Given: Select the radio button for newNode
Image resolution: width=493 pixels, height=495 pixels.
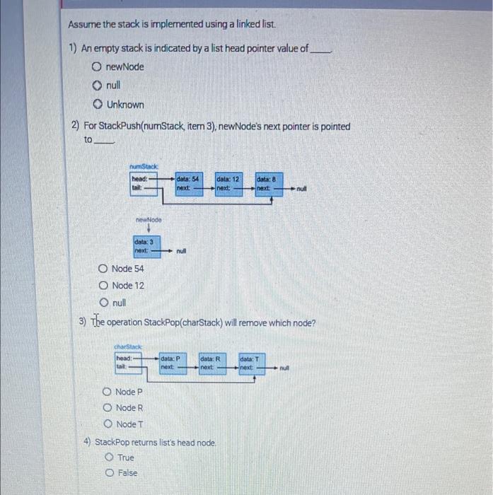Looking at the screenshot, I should click(95, 66).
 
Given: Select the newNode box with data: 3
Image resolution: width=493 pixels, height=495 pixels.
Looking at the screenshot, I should click(146, 245).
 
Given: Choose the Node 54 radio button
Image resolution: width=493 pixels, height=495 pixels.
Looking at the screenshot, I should click(103, 269).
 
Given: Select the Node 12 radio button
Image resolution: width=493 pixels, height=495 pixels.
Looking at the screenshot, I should click(103, 286).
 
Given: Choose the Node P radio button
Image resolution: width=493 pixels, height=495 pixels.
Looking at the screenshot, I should click(107, 392).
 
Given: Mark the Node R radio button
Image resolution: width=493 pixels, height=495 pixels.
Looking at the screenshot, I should click(107, 408).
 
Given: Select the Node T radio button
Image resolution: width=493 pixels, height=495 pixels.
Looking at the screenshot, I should click(107, 424).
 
